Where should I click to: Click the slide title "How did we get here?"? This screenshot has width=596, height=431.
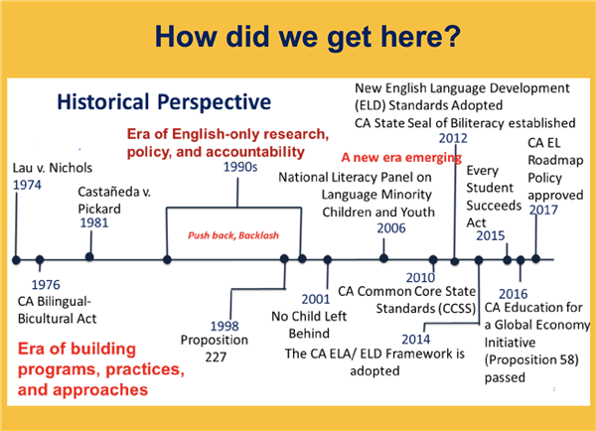[x=298, y=38]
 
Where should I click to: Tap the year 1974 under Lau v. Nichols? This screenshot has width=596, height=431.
[x=28, y=185]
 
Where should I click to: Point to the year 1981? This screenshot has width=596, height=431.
[x=95, y=224]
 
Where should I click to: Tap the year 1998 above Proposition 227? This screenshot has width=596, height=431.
[x=225, y=326]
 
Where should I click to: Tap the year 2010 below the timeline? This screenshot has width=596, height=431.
[x=421, y=277]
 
